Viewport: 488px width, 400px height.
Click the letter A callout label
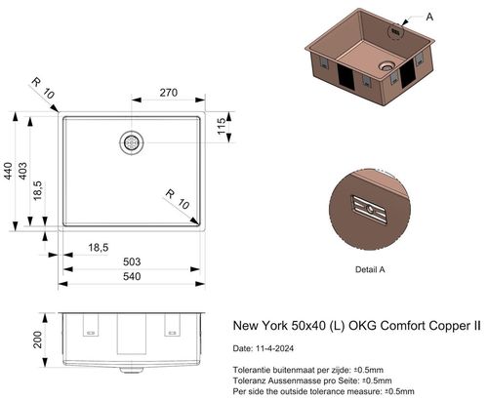tap(430, 17)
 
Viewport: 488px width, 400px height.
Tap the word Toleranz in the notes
tap(253, 380)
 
